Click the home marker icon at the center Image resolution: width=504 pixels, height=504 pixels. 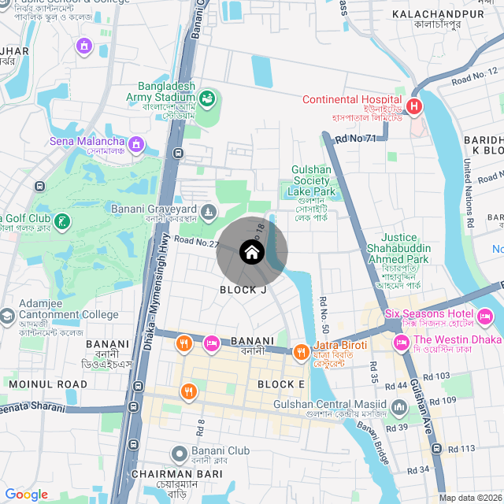pyautogui.click(x=251, y=252)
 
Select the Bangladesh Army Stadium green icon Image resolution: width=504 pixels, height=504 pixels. pyautogui.click(x=207, y=98)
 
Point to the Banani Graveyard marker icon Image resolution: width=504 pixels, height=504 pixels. pyautogui.click(x=208, y=210)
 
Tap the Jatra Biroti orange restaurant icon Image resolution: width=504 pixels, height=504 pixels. pyautogui.click(x=300, y=352)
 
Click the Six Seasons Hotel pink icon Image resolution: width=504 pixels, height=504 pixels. pyautogui.click(x=485, y=317)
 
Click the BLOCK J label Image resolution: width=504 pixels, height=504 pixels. pyautogui.click(x=243, y=290)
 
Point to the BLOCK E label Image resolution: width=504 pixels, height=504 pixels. pyautogui.click(x=281, y=384)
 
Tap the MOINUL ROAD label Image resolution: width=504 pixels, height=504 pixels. pyautogui.click(x=48, y=384)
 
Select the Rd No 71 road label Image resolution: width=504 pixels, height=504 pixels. pyautogui.click(x=355, y=139)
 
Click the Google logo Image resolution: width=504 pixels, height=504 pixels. pyautogui.click(x=27, y=495)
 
